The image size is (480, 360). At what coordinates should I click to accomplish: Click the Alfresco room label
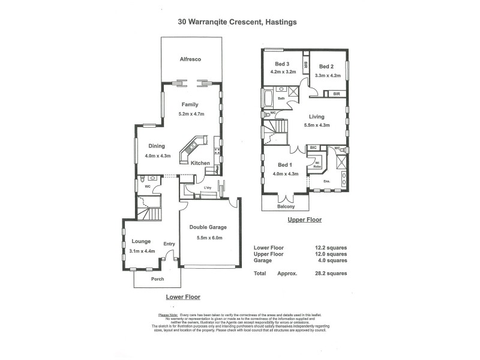tap(190, 59)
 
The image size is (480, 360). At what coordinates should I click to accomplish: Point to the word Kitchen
tap(200, 163)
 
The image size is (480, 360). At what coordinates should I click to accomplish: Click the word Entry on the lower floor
tap(169, 244)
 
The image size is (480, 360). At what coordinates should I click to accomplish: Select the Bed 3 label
tap(283, 65)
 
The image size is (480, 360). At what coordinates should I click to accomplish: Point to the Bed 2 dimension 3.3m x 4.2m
tap(328, 76)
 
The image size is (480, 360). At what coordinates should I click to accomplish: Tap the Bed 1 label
tap(285, 165)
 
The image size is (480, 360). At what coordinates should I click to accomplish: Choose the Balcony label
tap(286, 206)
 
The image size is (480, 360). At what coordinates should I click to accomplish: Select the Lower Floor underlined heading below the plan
tap(182, 296)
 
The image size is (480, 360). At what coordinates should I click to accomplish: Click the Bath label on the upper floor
tap(281, 98)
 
